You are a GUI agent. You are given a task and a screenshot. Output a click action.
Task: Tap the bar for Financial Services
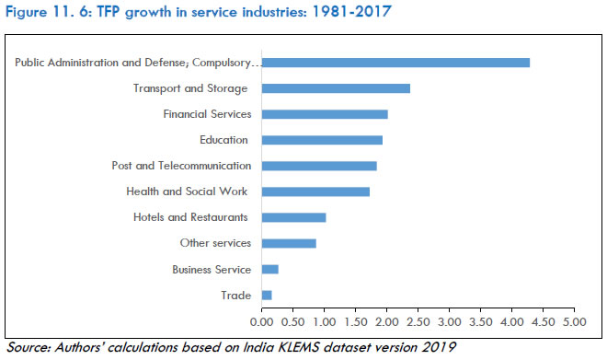click(325, 114)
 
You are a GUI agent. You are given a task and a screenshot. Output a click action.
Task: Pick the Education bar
click(322, 140)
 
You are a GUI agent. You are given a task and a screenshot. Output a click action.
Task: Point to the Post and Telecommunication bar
click(319, 166)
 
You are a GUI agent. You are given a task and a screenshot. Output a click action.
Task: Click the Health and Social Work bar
click(315, 192)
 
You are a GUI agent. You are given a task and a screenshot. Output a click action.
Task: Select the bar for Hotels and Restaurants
click(293, 217)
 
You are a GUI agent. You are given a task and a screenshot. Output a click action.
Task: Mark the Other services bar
click(289, 243)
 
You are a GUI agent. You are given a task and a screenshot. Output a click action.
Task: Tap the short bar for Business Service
click(269, 269)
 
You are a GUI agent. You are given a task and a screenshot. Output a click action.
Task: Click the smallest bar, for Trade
click(267, 295)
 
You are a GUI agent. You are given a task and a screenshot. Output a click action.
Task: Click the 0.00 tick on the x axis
click(262, 323)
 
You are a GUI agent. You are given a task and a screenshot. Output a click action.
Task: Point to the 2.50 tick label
click(418, 323)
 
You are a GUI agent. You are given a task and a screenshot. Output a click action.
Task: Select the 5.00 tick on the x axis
click(575, 323)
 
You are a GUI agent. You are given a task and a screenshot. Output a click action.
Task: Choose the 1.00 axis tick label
click(325, 323)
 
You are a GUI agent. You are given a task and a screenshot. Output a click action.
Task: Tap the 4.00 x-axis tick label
click(512, 323)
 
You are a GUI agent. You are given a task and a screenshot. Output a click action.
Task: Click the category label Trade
click(235, 295)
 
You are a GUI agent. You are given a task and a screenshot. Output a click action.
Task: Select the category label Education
click(223, 140)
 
